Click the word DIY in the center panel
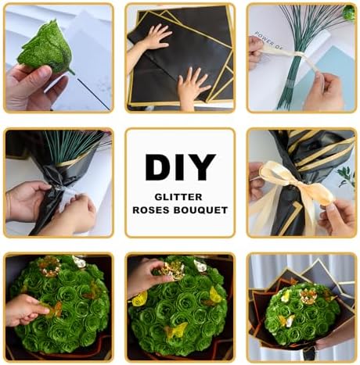[x=180, y=167]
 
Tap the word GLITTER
[x=178, y=197]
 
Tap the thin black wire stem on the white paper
[x=94, y=95]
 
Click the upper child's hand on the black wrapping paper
[x=156, y=36]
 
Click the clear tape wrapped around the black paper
[x=65, y=197]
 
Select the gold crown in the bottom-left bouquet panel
[x=49, y=266]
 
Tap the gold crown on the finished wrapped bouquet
[x=308, y=296]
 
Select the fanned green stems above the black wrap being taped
[x=73, y=144]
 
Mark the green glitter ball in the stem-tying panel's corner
[x=349, y=12]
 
